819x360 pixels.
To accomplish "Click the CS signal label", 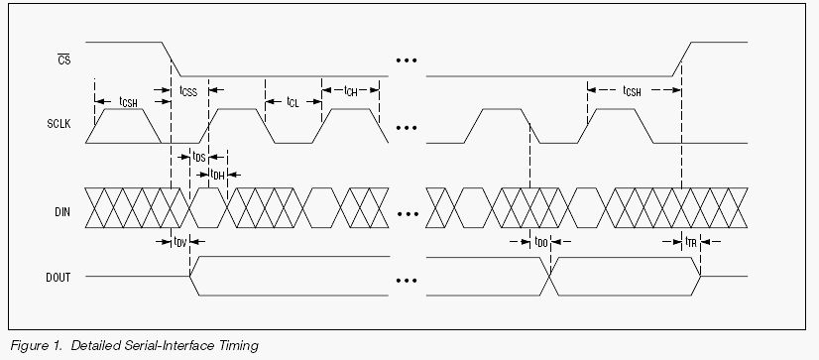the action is point(64,60).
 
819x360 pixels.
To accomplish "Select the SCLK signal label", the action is point(58,125).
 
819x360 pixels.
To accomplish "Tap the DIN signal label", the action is point(61,212).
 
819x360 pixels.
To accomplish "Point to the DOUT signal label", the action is point(58,278).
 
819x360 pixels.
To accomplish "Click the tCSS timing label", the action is point(188,91).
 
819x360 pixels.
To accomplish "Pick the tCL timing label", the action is point(293,102).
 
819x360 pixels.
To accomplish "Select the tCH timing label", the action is point(350,91).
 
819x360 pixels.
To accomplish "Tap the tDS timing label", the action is point(199,157).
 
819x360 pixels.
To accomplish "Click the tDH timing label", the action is point(217,175).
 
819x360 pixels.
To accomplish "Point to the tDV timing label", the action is point(180,241).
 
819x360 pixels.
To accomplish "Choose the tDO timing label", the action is point(540,242).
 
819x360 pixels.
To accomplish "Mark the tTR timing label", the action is point(691,241).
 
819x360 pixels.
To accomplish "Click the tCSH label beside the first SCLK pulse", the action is point(129,102).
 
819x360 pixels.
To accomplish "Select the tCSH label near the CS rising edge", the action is point(632,91).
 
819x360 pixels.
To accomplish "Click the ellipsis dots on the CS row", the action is point(407,60).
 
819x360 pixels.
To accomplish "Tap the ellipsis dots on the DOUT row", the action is point(407,281).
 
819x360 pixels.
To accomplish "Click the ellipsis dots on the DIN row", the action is point(408,213).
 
